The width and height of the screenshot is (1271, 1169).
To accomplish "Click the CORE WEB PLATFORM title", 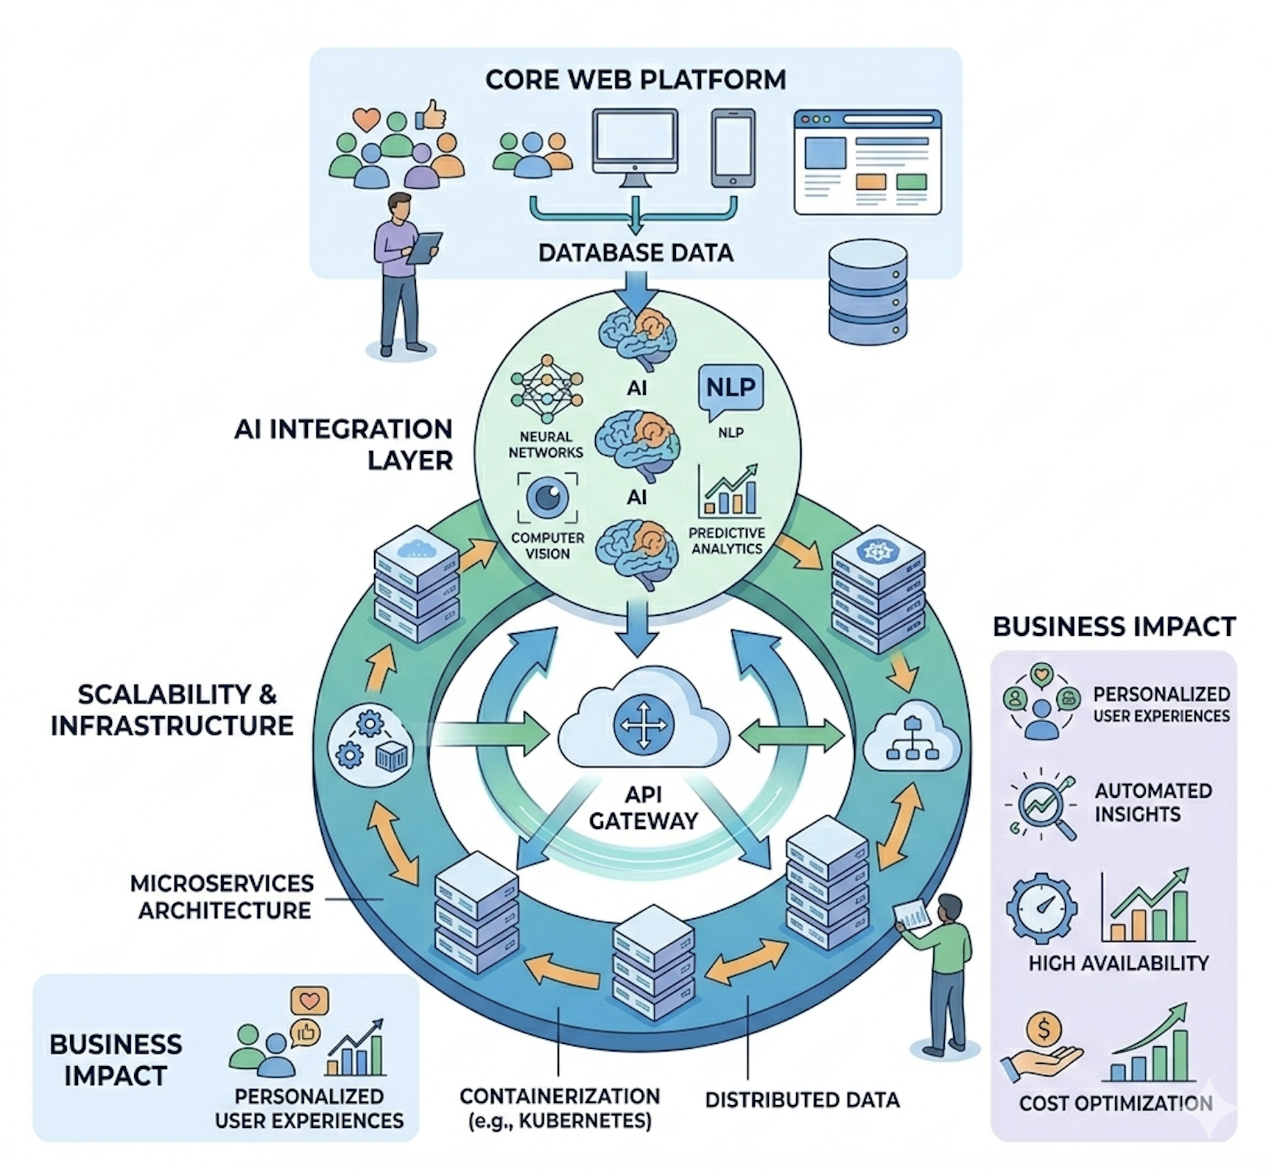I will click(x=635, y=80).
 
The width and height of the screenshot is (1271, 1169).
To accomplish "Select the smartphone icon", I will click(x=733, y=147).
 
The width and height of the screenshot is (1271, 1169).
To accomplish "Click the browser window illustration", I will click(x=867, y=161).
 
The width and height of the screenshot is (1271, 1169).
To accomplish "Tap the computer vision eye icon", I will click(x=547, y=497).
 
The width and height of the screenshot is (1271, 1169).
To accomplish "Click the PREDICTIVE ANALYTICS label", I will click(x=727, y=540).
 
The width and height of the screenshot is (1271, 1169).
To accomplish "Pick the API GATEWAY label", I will click(x=643, y=807).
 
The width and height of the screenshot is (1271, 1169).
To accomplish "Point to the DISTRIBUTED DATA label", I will click(x=802, y=1099).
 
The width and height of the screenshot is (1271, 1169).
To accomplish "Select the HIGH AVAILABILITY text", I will click(x=1118, y=963).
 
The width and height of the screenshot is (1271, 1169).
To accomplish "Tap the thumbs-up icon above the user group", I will click(x=432, y=115).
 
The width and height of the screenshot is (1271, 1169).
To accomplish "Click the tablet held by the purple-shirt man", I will click(x=423, y=247).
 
